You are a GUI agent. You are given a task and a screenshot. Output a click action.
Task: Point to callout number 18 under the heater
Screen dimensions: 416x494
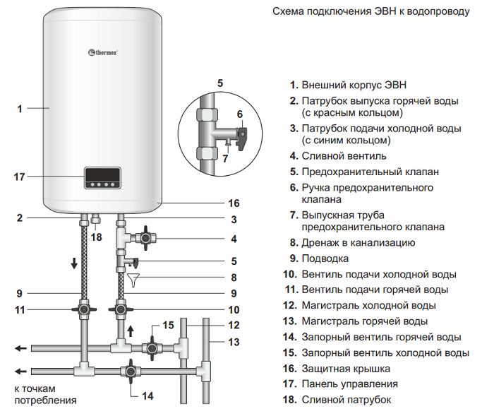point(97,238)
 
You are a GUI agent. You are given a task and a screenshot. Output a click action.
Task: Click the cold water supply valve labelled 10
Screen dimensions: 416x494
point(121,309)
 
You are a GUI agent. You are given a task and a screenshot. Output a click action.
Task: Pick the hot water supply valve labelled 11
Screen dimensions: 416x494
point(84,309)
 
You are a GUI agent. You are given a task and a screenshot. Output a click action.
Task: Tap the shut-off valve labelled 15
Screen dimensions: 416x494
point(152,348)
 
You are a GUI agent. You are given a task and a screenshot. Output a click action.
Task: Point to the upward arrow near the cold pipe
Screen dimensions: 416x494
point(131,331)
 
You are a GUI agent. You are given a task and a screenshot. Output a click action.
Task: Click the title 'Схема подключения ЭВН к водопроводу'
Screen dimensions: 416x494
point(370,12)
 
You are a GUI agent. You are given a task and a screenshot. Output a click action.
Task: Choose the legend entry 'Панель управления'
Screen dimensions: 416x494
point(349,384)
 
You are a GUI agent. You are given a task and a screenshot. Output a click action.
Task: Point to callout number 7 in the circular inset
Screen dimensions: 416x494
point(226,158)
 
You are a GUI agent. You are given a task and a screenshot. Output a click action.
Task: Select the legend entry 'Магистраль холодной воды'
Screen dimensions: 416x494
point(368,306)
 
